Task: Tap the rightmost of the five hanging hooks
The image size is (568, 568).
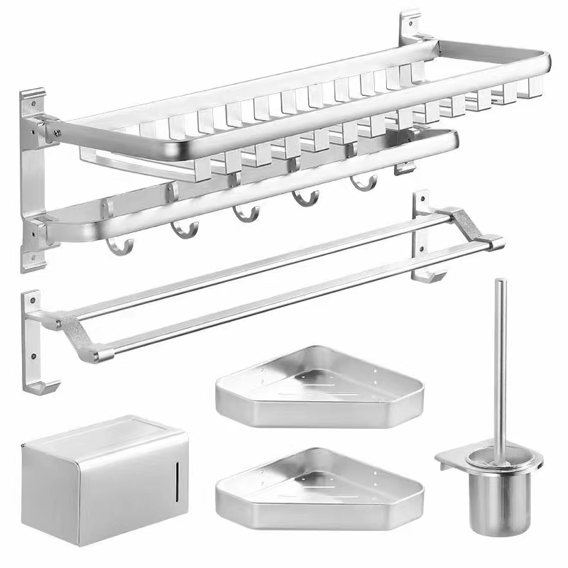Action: pos(363,183)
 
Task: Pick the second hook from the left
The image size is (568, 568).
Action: pos(185,229)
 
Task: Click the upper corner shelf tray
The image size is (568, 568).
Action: pos(319,388)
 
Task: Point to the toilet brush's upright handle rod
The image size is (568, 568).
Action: pos(501,355)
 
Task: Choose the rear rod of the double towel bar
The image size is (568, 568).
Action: pos(270,266)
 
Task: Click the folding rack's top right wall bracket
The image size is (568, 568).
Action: pos(410,28)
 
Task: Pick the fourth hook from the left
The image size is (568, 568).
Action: pos(306,198)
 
